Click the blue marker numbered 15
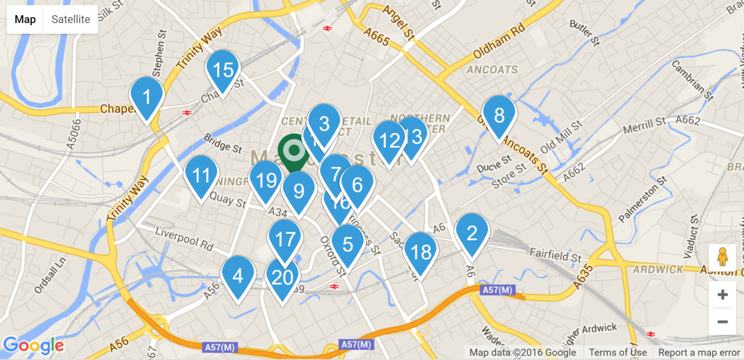223,71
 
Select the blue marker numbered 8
499,116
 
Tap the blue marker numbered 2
472,233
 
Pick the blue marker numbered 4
238,276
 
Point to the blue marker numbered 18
420,253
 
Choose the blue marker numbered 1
147,98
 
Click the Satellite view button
71,20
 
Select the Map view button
25,20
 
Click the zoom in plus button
723,294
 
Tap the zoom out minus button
723,322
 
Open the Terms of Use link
618,353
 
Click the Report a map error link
699,353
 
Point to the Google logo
34,345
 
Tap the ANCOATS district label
492,70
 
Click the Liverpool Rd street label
184,238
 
